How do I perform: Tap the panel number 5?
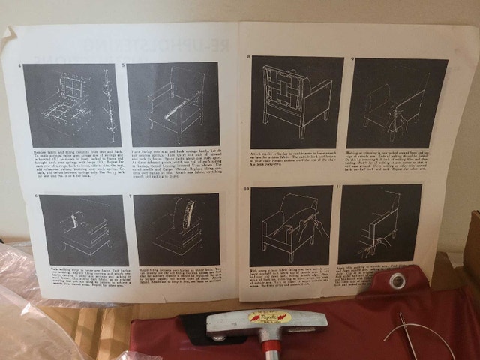[x=123, y=64]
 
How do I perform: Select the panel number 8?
[x=249, y=58]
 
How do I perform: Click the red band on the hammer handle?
[x=268, y=348]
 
